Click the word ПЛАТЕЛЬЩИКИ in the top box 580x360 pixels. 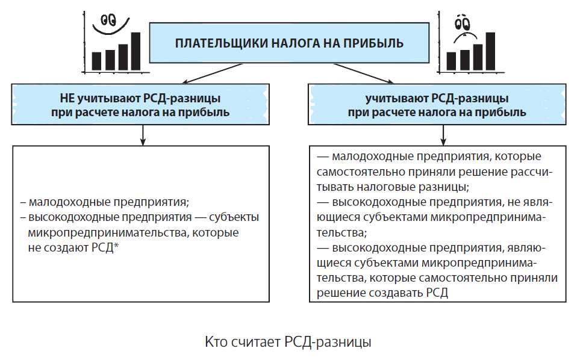click(x=221, y=43)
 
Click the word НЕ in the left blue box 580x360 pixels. click(x=67, y=98)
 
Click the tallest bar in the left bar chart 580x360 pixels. click(x=136, y=51)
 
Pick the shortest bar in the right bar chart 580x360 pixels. click(x=451, y=61)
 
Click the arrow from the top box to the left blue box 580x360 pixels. click(x=212, y=73)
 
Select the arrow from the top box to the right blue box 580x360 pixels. click(x=363, y=73)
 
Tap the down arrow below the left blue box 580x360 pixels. click(x=143, y=135)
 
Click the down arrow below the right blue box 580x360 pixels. click(x=443, y=135)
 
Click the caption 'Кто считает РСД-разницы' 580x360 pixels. click(x=288, y=342)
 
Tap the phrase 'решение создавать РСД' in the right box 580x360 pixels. click(x=382, y=293)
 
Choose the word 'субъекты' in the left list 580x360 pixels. click(x=234, y=217)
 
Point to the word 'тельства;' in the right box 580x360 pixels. click(x=341, y=232)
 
